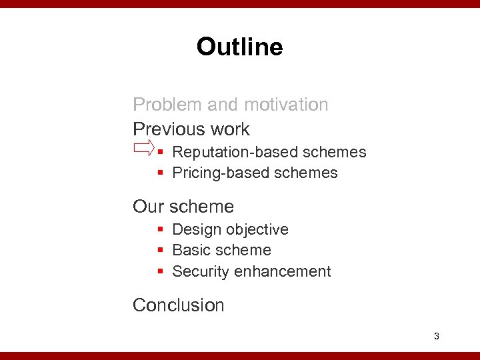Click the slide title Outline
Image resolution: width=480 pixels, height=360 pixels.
click(x=239, y=47)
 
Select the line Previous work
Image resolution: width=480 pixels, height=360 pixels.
click(x=191, y=129)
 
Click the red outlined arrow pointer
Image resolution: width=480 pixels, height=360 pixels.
click(x=143, y=147)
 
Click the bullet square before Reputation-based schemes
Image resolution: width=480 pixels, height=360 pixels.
click(x=161, y=153)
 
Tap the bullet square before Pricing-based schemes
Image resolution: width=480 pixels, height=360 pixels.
click(x=161, y=173)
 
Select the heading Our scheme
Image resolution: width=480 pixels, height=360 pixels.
click(x=183, y=207)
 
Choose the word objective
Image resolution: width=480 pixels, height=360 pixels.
click(x=257, y=229)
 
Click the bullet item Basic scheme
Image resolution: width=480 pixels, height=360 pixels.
click(x=221, y=251)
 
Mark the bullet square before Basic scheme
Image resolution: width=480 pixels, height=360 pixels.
click(x=161, y=251)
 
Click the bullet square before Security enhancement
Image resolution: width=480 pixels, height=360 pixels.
click(x=161, y=272)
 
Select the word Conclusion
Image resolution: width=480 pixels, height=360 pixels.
click(x=179, y=305)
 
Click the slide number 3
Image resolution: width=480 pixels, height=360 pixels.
click(x=436, y=336)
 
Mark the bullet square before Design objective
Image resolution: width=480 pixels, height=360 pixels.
click(x=161, y=230)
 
